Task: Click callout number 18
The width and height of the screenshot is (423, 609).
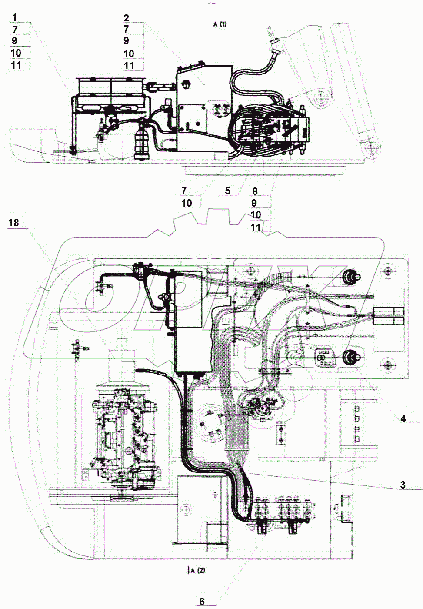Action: pyautogui.click(x=14, y=223)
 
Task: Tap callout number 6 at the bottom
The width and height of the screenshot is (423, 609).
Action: pyautogui.click(x=202, y=601)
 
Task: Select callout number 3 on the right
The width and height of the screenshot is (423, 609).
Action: pyautogui.click(x=403, y=485)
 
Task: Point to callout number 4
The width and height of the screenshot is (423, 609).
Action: pyautogui.click(x=403, y=418)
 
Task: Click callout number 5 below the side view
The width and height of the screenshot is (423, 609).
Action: pyautogui.click(x=227, y=191)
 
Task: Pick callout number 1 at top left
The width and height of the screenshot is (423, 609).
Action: pyautogui.click(x=14, y=18)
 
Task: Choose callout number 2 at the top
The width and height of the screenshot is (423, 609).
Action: pyautogui.click(x=126, y=18)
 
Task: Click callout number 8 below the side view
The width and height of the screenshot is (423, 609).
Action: pyautogui.click(x=255, y=191)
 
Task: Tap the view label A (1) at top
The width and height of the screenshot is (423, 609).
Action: pyautogui.click(x=220, y=24)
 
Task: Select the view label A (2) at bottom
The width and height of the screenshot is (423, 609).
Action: pyautogui.click(x=197, y=570)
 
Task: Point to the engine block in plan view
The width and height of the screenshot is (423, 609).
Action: pyautogui.click(x=124, y=435)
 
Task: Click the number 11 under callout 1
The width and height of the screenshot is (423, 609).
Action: pyautogui.click(x=16, y=65)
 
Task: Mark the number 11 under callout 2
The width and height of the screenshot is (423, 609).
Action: pyautogui.click(x=129, y=66)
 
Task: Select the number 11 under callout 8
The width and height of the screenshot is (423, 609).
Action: pyautogui.click(x=256, y=227)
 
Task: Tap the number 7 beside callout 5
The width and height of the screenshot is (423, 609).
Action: pyautogui.click(x=184, y=191)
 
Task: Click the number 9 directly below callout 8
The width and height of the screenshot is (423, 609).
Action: pyautogui.click(x=254, y=203)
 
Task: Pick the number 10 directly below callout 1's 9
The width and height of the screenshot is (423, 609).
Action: pyautogui.click(x=16, y=53)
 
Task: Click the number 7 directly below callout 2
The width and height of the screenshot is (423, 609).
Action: pyautogui.click(x=126, y=29)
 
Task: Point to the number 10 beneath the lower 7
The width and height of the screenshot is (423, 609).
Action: pyautogui.click(x=187, y=203)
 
